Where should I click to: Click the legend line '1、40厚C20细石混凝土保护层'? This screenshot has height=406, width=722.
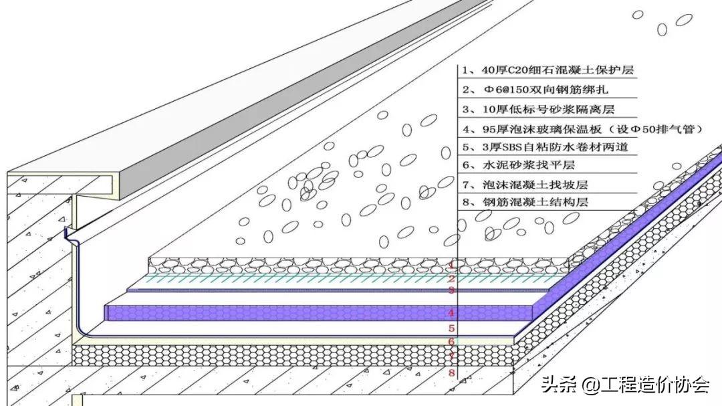coord(548,70)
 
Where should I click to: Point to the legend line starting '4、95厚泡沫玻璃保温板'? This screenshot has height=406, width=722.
coord(583,129)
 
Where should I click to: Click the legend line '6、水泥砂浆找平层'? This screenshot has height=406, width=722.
coord(519,165)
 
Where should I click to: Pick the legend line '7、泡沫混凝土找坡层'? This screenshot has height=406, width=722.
coord(525,185)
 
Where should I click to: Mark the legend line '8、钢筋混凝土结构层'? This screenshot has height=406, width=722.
coord(525,202)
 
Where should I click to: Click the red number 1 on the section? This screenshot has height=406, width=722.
coord(452,265)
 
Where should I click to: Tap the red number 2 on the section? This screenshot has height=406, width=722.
coord(452,278)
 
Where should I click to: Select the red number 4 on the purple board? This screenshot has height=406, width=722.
coord(452,313)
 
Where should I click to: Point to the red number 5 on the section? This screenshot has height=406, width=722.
coord(452,328)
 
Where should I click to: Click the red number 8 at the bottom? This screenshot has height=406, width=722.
coord(452,373)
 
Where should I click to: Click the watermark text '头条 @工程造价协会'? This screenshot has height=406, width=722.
coord(625,384)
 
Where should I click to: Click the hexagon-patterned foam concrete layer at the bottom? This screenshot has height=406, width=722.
coord(293,355)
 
